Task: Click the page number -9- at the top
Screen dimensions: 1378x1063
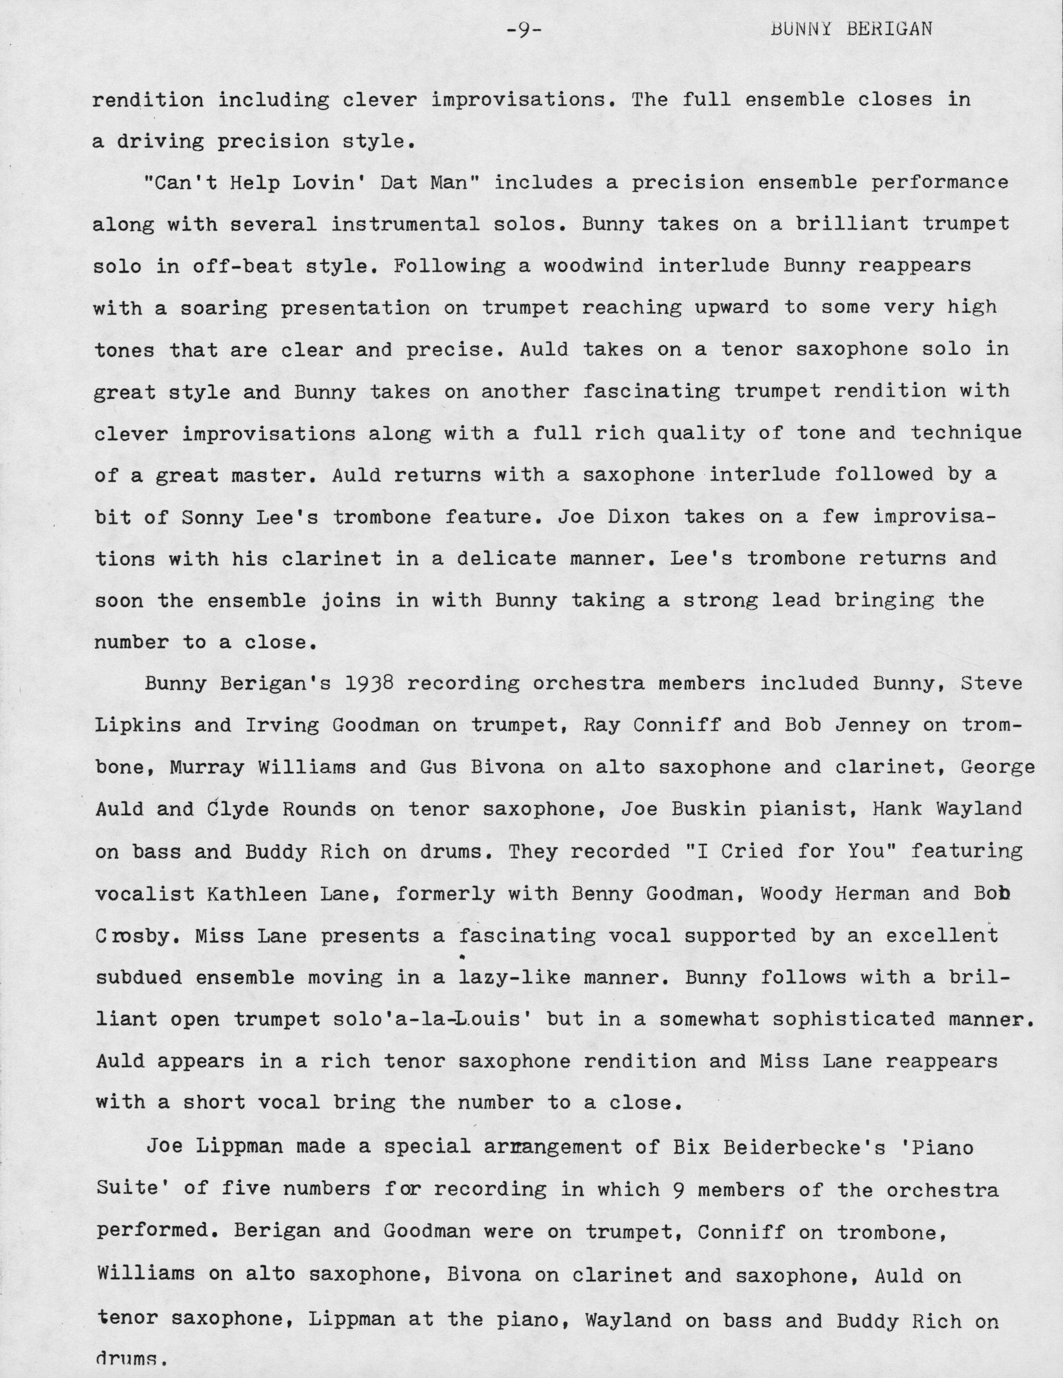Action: pyautogui.click(x=524, y=30)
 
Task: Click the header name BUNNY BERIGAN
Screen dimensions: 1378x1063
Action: pyautogui.click(x=851, y=30)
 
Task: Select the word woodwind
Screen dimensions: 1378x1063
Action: pyautogui.click(x=593, y=265)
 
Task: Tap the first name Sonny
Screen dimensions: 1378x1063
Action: pyautogui.click(x=213, y=517)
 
